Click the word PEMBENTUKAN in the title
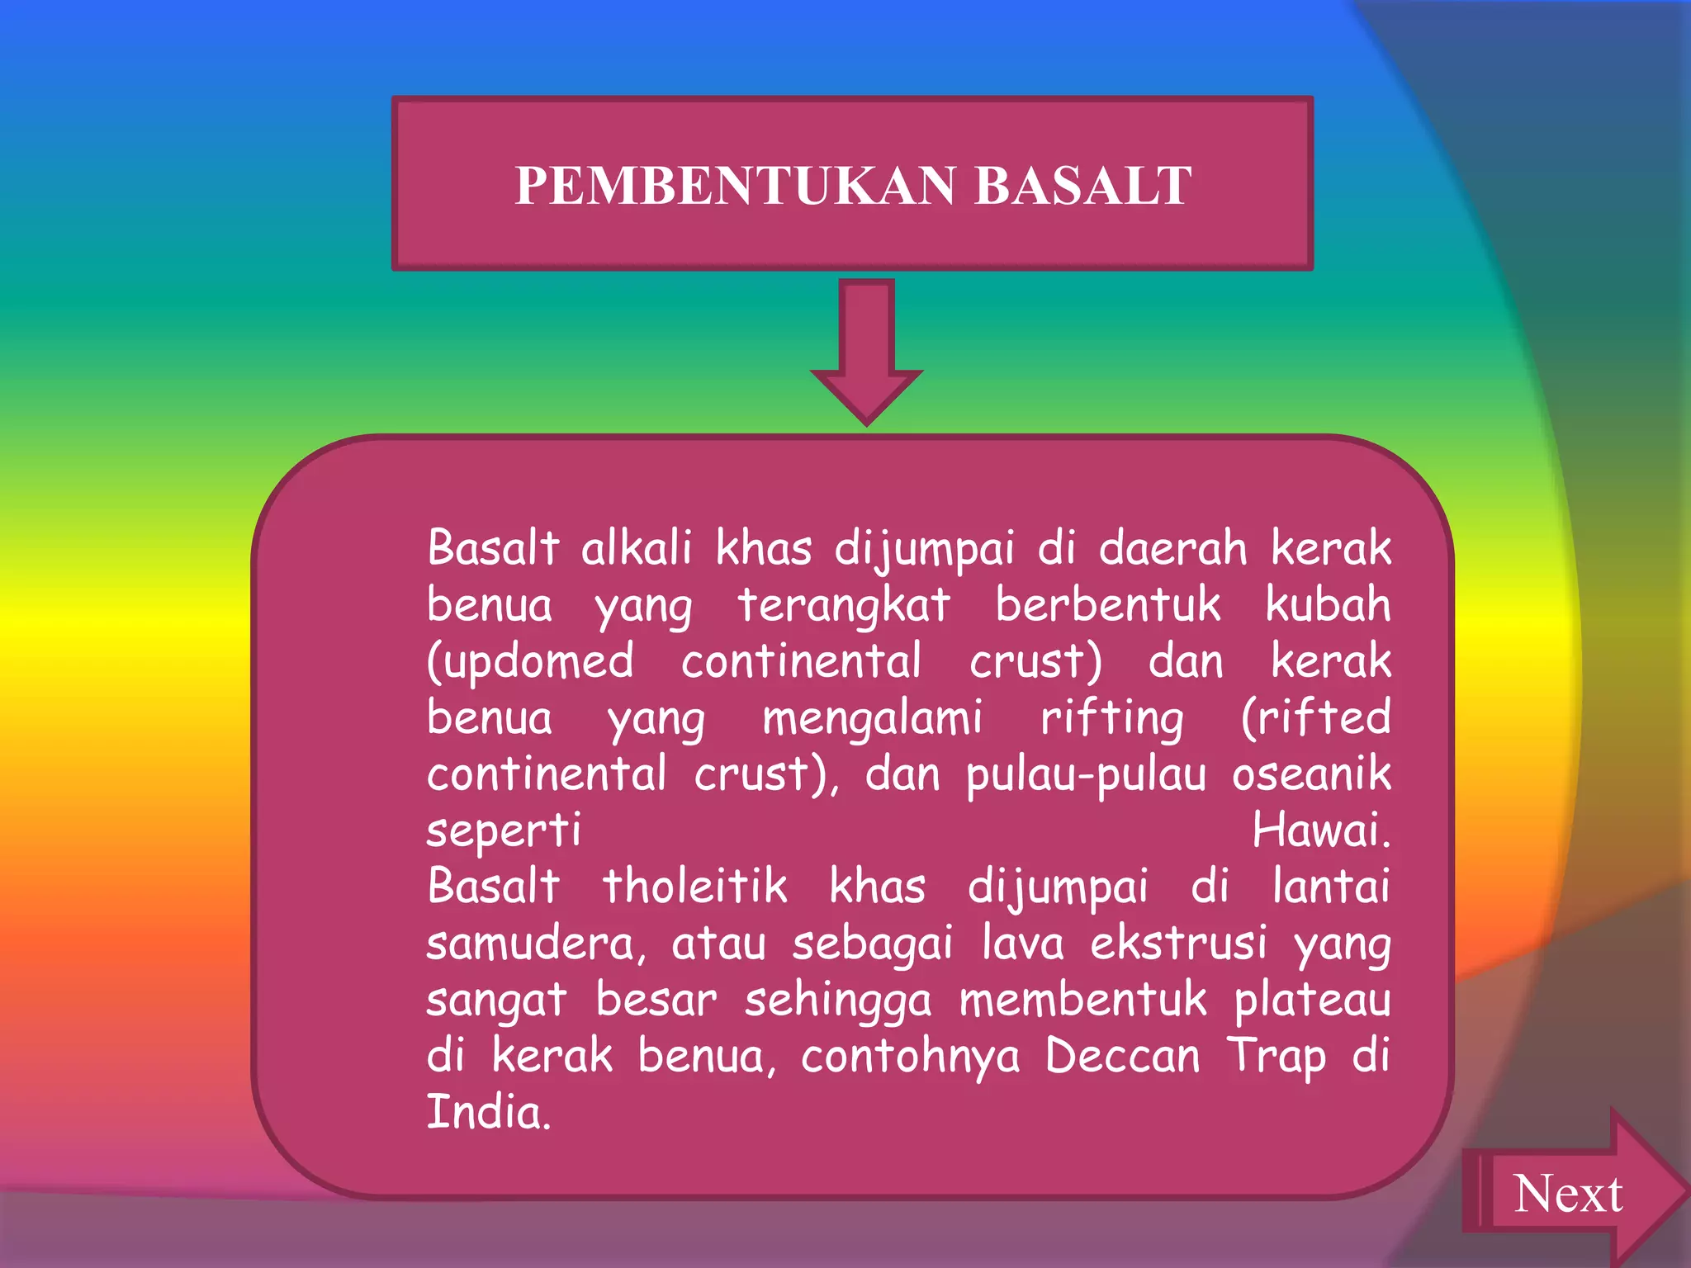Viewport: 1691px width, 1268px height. pos(736,186)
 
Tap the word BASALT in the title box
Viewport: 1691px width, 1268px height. pos(1082,186)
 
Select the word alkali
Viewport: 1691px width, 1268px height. pos(636,548)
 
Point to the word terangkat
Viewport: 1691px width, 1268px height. pos(844,604)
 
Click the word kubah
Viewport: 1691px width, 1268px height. pos(1328,604)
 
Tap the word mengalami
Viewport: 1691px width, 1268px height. pos(872,718)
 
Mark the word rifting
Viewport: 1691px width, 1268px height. pos(1111,718)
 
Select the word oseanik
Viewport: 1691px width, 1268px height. pos(1311,774)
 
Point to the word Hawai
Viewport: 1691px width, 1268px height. pos(1320,830)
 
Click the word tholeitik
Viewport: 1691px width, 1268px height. pos(694,887)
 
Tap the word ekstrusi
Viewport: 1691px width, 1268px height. pos(1178,944)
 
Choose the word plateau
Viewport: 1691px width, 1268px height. pos(1312,1001)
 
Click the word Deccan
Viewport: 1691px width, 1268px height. pos(1122,1056)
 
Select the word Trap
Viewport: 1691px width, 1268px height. pos(1276,1057)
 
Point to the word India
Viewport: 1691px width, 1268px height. pos(488,1112)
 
